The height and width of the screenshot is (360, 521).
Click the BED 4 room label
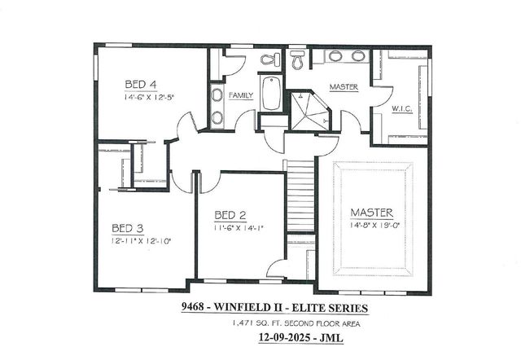click(x=141, y=83)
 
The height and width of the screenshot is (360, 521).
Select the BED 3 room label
click(x=127, y=227)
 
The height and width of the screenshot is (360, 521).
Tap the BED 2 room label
click(x=230, y=215)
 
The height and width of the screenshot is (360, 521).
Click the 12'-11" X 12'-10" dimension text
click(x=141, y=241)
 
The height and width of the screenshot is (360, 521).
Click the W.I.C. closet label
click(x=401, y=109)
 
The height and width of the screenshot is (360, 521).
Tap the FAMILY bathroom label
click(x=240, y=95)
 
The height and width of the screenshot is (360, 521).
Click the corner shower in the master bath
click(x=309, y=111)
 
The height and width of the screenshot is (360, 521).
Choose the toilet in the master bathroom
click(x=297, y=58)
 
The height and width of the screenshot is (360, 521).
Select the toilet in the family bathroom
click(x=270, y=59)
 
